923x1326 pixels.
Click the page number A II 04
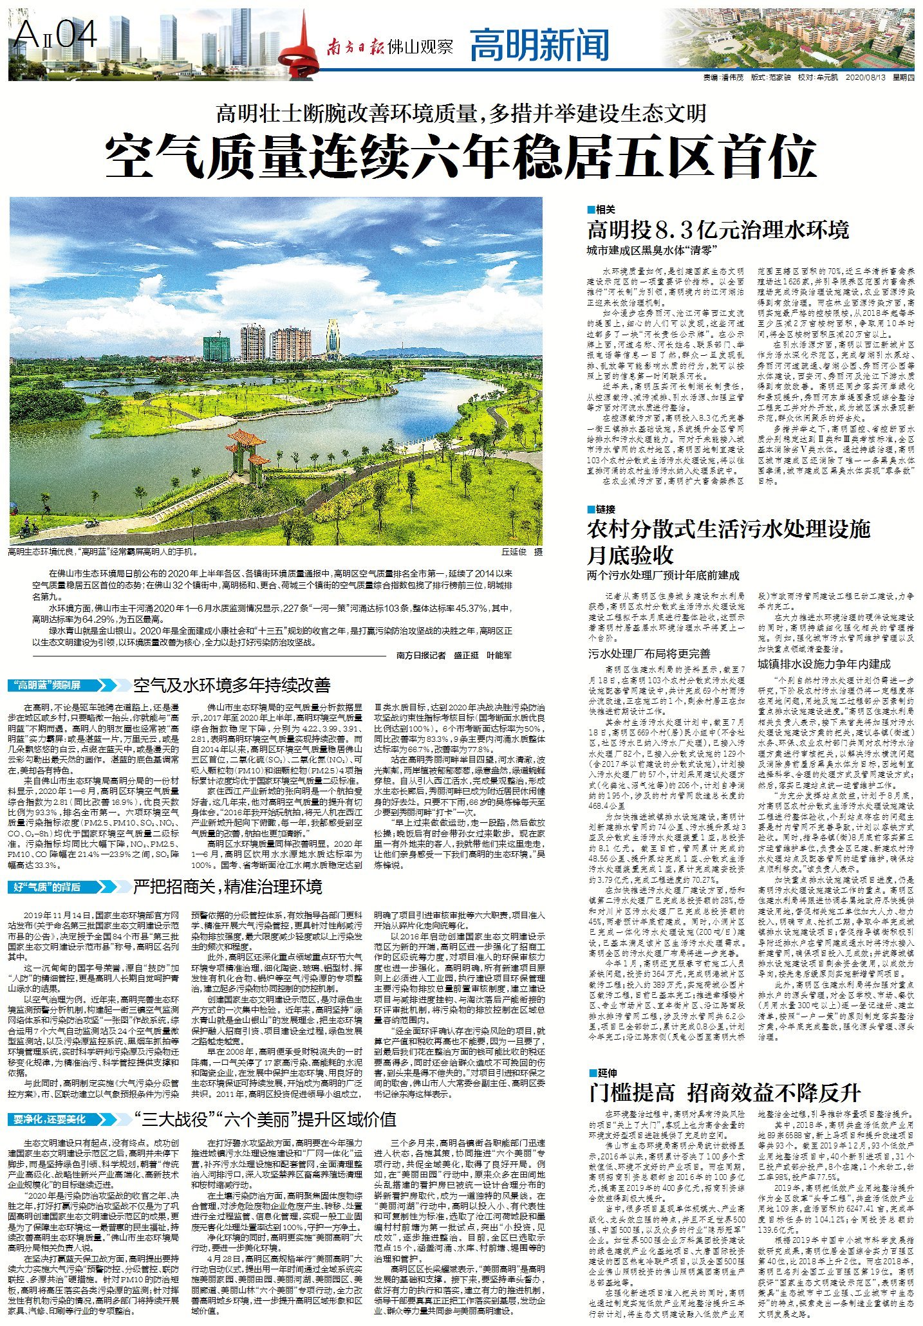[x=56, y=33]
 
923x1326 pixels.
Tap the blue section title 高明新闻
[x=539, y=45]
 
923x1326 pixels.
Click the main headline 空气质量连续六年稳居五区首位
[x=461, y=156]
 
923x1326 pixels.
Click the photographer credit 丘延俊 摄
[x=522, y=552]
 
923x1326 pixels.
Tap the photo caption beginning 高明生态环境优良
[x=103, y=552]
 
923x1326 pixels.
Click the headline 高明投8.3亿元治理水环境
[x=718, y=230]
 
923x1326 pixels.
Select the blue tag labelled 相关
[x=601, y=210]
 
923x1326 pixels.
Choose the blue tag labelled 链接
[x=601, y=509]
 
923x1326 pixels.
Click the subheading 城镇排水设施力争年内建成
[x=823, y=664]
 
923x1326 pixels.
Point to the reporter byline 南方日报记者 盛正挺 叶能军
[x=454, y=655]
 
